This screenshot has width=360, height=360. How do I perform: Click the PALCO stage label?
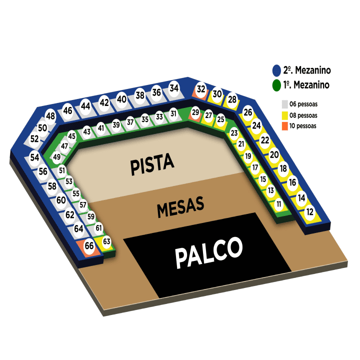(208, 252)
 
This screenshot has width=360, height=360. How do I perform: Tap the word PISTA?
(152, 164)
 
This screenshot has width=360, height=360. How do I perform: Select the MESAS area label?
(180, 207)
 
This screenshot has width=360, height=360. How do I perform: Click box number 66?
(89, 246)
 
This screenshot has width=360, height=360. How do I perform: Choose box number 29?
(195, 112)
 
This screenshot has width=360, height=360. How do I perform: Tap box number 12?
(310, 212)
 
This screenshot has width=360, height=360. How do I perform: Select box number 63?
(106, 241)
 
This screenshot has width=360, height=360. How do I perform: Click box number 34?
(174, 88)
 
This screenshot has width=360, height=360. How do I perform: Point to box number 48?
(50, 116)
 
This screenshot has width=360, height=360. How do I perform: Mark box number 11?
(278, 204)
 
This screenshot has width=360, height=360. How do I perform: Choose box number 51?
(62, 170)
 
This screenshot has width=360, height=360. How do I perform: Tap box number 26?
(247, 112)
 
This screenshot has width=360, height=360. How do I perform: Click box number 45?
(71, 136)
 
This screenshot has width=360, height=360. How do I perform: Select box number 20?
(274, 155)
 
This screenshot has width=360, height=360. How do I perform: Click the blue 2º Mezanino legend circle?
(276, 70)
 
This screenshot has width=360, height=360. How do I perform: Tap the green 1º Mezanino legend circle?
(276, 85)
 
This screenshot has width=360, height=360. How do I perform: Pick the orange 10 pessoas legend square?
(284, 126)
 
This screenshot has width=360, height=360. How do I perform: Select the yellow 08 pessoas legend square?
(284, 115)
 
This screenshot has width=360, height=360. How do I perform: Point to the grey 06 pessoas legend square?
(284, 104)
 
